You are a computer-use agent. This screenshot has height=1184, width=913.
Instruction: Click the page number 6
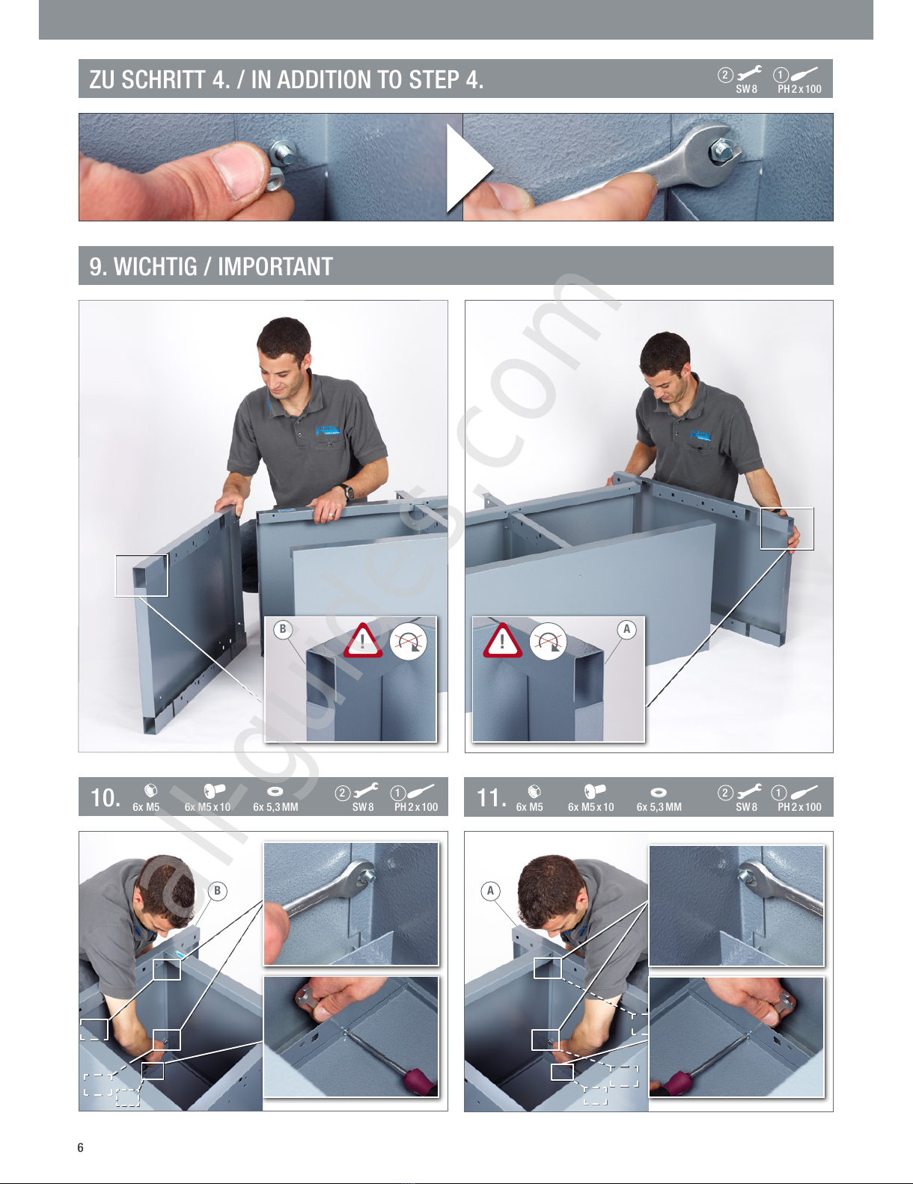(x=81, y=1147)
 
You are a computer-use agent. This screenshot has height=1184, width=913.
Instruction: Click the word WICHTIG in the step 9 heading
(x=156, y=266)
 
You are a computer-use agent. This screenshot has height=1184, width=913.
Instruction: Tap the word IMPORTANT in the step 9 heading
(x=275, y=266)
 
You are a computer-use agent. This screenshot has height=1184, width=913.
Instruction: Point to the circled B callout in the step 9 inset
(x=283, y=629)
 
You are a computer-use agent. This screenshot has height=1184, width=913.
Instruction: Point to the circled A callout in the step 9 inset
(x=627, y=629)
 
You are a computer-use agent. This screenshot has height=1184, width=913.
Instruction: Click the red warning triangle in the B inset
(x=362, y=641)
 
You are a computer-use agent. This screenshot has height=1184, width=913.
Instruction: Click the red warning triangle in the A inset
(x=503, y=641)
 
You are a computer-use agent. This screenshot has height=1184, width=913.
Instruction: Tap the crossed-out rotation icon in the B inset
(x=409, y=641)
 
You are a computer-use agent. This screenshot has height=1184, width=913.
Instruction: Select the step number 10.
(x=106, y=798)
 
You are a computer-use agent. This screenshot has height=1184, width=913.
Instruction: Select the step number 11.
(x=491, y=798)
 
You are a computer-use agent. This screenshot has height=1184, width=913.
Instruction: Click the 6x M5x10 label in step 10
(x=208, y=807)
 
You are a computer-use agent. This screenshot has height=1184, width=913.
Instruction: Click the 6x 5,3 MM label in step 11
(x=659, y=807)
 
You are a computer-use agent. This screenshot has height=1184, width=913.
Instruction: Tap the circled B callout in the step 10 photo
(x=218, y=891)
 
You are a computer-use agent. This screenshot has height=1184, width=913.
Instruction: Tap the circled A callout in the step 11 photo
(x=491, y=891)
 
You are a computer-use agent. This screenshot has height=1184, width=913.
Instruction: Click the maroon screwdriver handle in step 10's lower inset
(x=417, y=1082)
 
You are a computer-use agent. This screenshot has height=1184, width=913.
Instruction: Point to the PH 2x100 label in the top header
(x=799, y=89)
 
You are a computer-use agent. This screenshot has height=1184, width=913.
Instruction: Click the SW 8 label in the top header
(x=746, y=89)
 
